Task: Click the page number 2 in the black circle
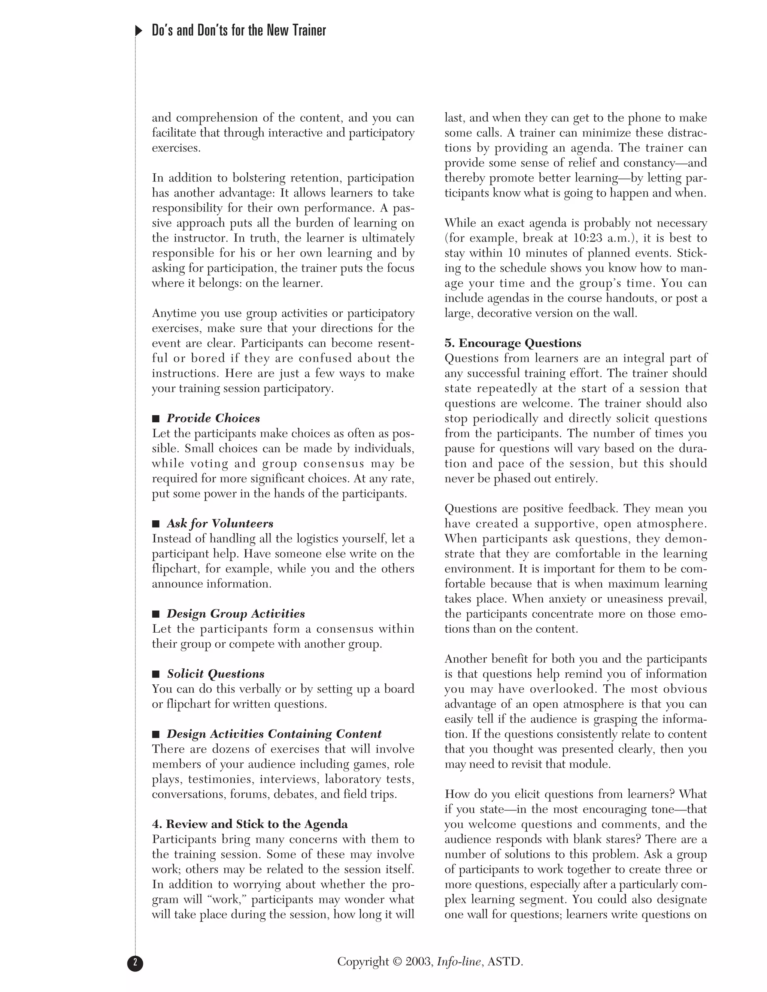click(x=135, y=963)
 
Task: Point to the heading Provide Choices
click(x=213, y=419)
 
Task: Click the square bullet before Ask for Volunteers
click(x=156, y=524)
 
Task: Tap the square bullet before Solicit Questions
click(x=156, y=674)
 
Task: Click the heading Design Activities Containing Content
click(x=274, y=734)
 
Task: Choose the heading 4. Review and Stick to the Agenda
click(x=249, y=824)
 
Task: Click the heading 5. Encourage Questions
click(x=513, y=343)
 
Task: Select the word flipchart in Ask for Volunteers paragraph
click(x=175, y=569)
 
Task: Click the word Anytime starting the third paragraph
click(x=172, y=313)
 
